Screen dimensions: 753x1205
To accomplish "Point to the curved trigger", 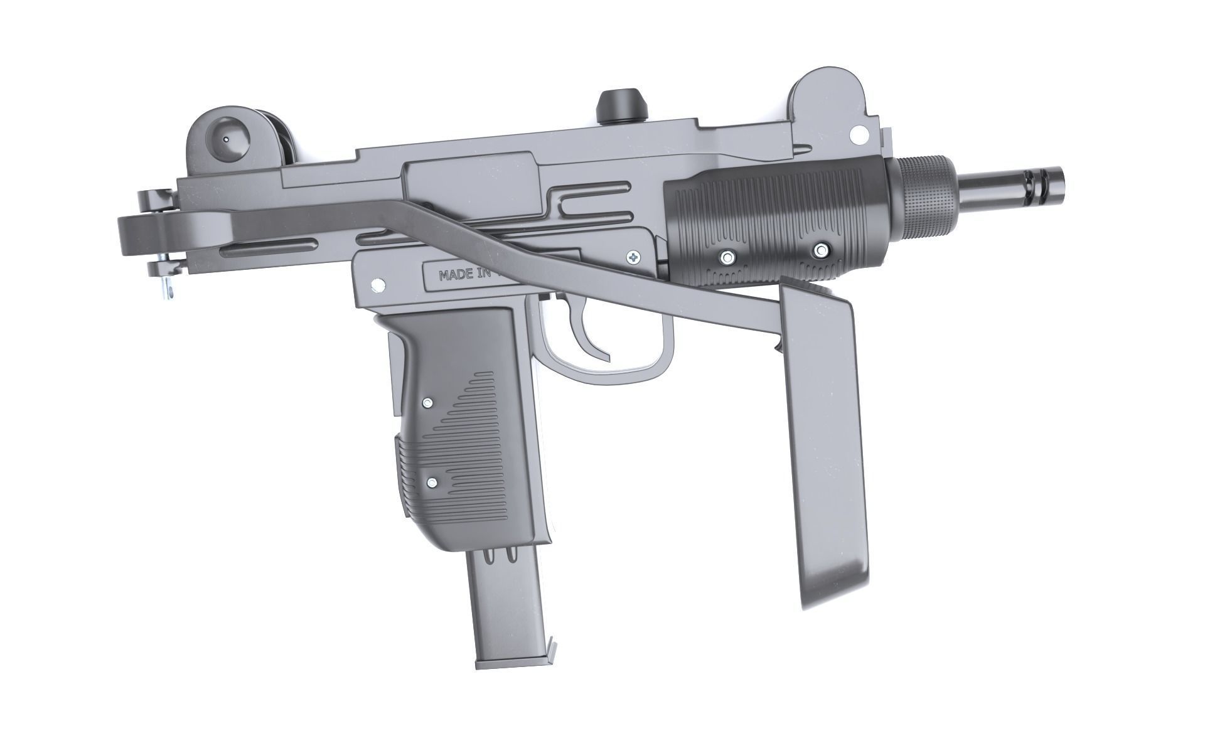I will [594, 338].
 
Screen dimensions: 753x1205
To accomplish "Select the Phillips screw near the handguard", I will [635, 256].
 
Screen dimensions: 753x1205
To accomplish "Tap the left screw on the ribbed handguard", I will [728, 256].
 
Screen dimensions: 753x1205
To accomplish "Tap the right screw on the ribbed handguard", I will [820, 251].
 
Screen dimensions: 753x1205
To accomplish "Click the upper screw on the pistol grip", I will [427, 402].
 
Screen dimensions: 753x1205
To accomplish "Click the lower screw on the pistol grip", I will [432, 483].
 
